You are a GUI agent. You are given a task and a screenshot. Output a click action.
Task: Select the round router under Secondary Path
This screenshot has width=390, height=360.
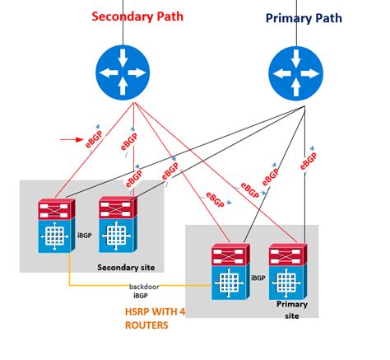pos(124,72)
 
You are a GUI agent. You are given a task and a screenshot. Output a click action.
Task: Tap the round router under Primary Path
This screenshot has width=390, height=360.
pos(296,72)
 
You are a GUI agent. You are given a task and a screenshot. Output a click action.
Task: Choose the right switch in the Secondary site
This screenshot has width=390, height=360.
pos(116,226)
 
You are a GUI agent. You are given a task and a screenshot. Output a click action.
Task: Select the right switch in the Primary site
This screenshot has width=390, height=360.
pos(287,272)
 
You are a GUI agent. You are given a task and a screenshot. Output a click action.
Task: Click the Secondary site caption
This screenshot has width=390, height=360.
pos(127,267)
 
